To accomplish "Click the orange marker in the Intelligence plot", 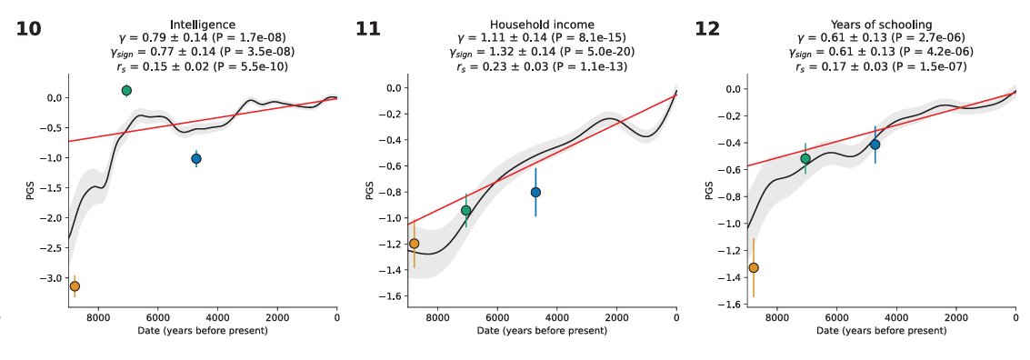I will click(75, 286).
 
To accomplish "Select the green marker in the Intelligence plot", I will click(126, 90).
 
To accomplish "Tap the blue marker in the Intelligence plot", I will click(196, 158).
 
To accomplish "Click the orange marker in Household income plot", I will click(415, 244).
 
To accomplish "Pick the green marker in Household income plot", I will click(466, 210).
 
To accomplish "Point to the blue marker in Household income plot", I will click(535, 192).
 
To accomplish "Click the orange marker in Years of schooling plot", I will click(754, 267).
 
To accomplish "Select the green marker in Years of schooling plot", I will click(805, 158).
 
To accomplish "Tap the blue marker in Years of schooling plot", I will click(875, 145).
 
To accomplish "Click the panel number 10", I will click(28, 29).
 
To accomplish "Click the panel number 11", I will click(367, 29).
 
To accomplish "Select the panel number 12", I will click(707, 29).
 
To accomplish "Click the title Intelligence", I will click(203, 25).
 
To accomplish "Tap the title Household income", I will click(542, 25).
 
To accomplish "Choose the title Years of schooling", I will click(881, 25).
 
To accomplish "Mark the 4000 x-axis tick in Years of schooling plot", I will click(896, 317).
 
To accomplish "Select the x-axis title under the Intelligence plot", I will click(203, 330).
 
